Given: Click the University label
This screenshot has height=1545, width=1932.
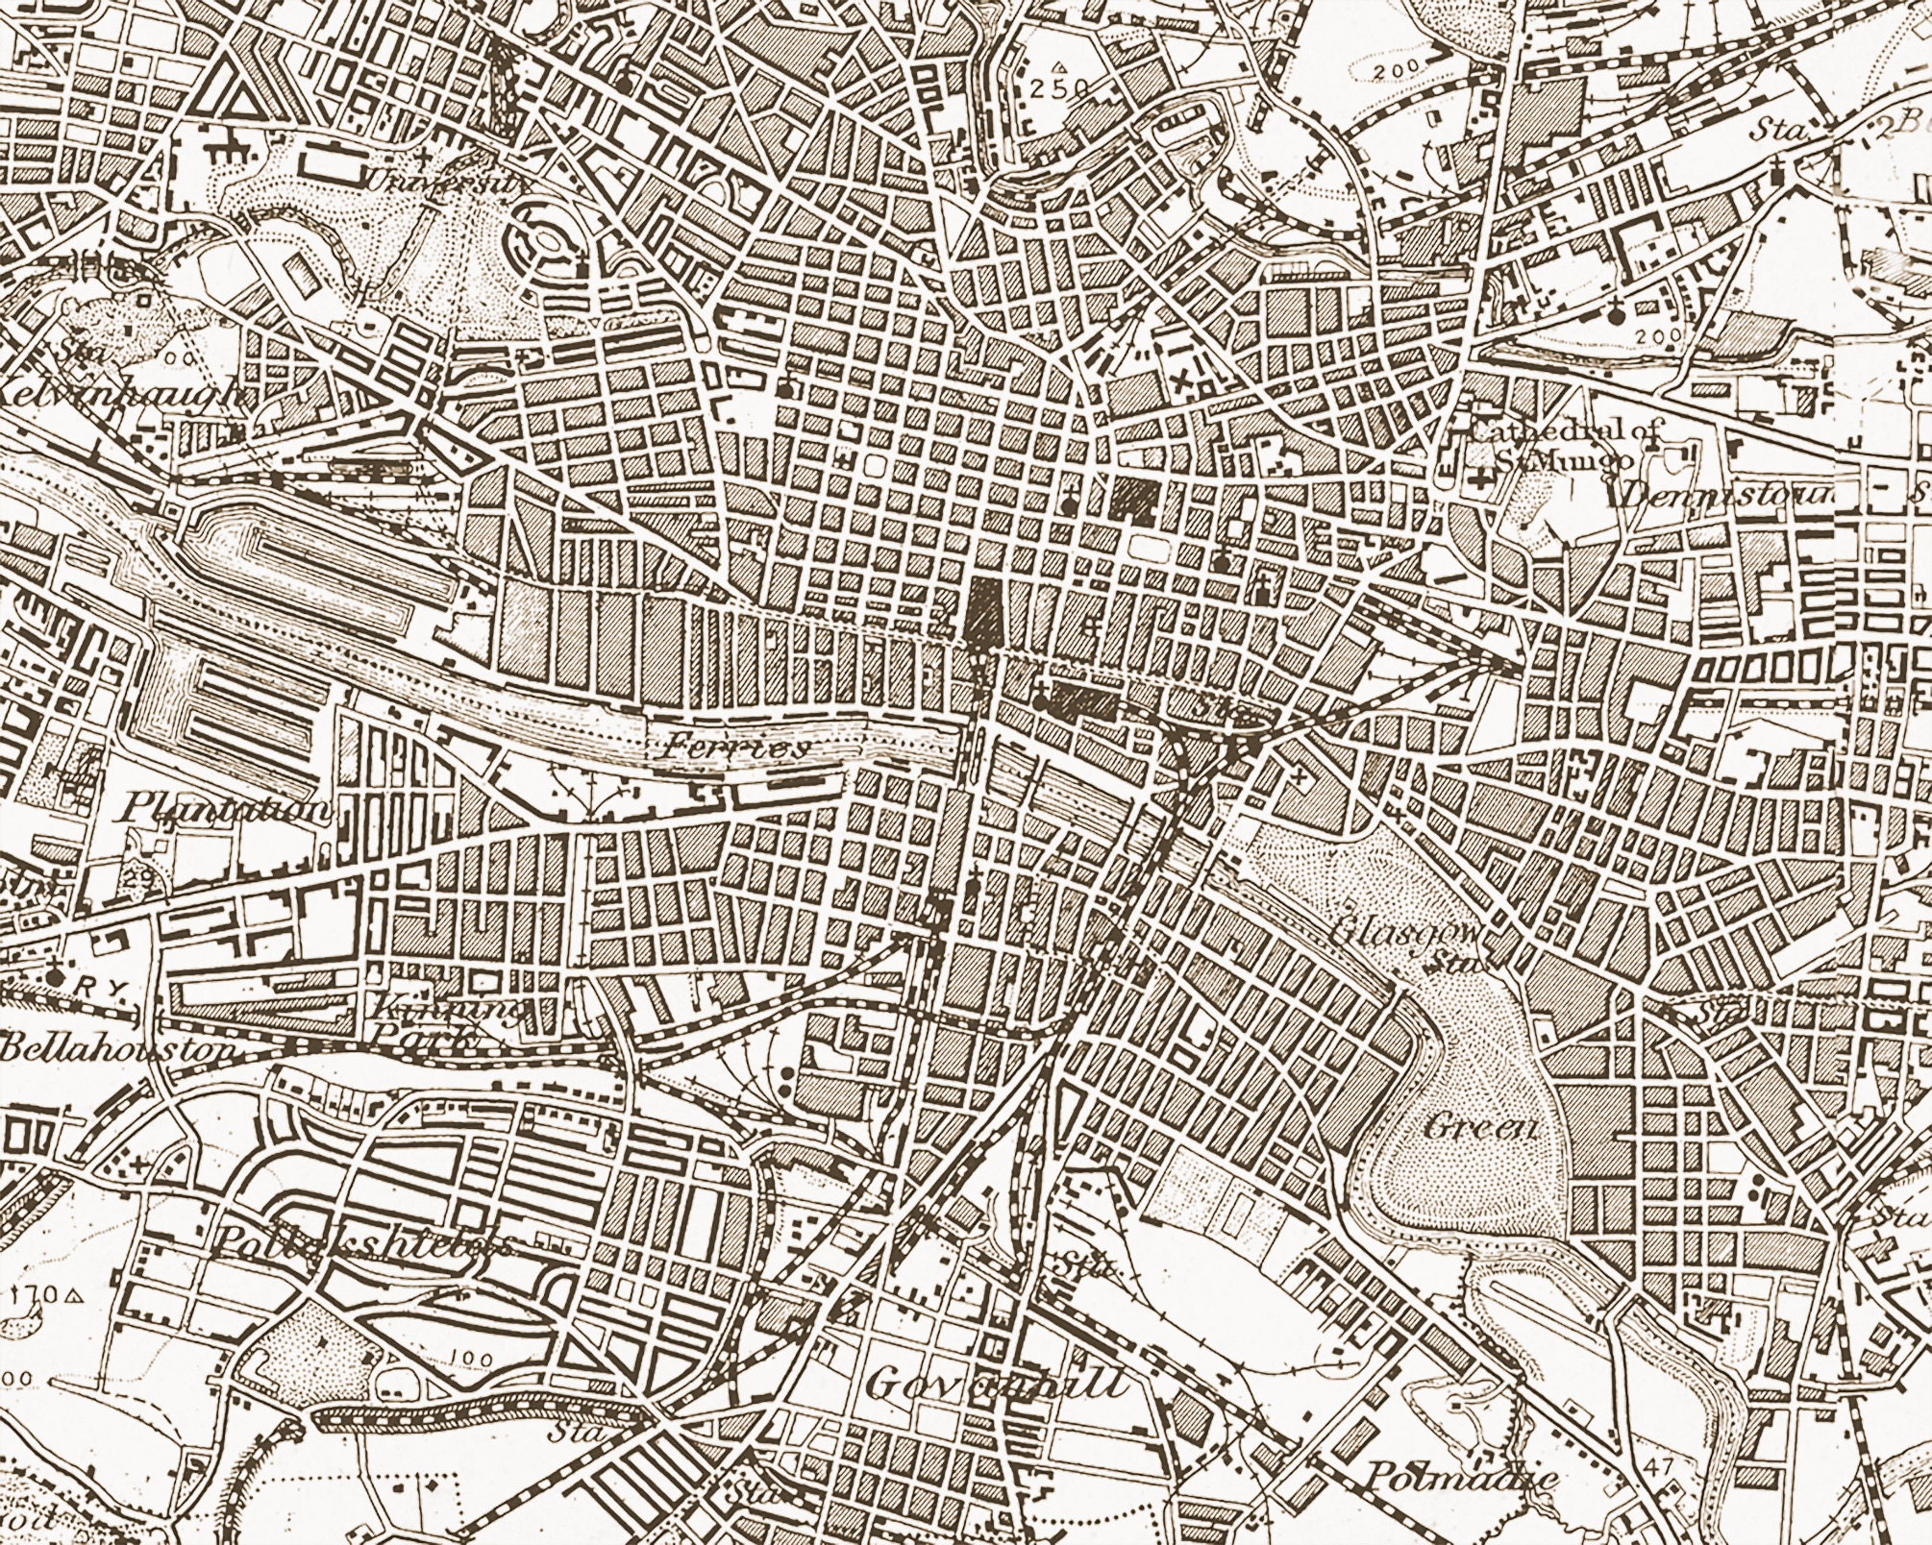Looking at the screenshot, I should click(x=437, y=180).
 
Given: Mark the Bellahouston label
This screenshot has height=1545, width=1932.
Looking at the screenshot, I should click(x=115, y=1049).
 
